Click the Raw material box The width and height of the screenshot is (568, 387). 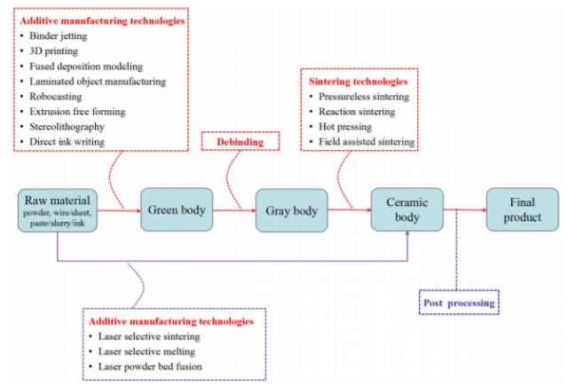[x=58, y=210]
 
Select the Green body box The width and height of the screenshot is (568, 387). [x=175, y=210]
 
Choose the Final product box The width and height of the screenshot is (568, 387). [x=517, y=210]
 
